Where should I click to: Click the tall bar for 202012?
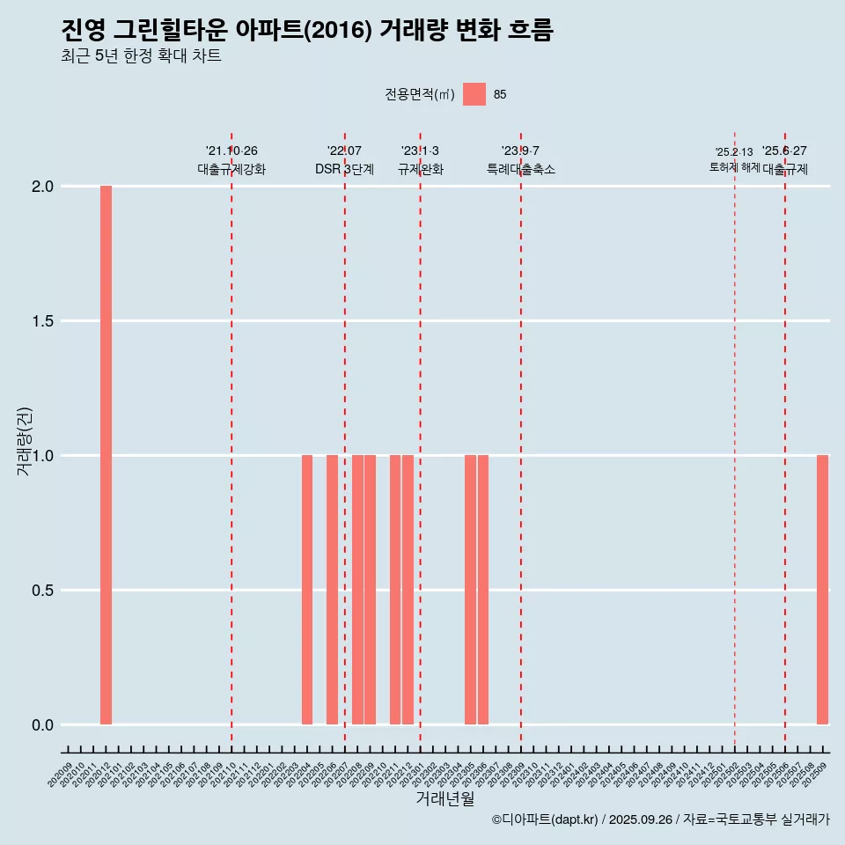106,455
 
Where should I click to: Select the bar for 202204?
307,590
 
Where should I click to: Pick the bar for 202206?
332,590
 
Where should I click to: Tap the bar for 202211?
395,590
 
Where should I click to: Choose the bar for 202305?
470,590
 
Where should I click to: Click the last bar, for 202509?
822,590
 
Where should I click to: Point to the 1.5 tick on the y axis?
42,321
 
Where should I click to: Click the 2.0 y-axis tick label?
42,187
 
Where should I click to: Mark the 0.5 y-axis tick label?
42,591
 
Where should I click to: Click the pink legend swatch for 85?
474,94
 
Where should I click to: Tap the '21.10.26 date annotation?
231,151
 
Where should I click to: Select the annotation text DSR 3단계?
344,169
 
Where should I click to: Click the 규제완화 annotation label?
420,169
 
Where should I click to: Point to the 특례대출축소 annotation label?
521,169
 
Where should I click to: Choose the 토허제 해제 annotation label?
734,167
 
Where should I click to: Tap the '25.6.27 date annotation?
784,151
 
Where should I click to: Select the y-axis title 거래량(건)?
24,442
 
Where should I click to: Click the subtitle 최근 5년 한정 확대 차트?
141,56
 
